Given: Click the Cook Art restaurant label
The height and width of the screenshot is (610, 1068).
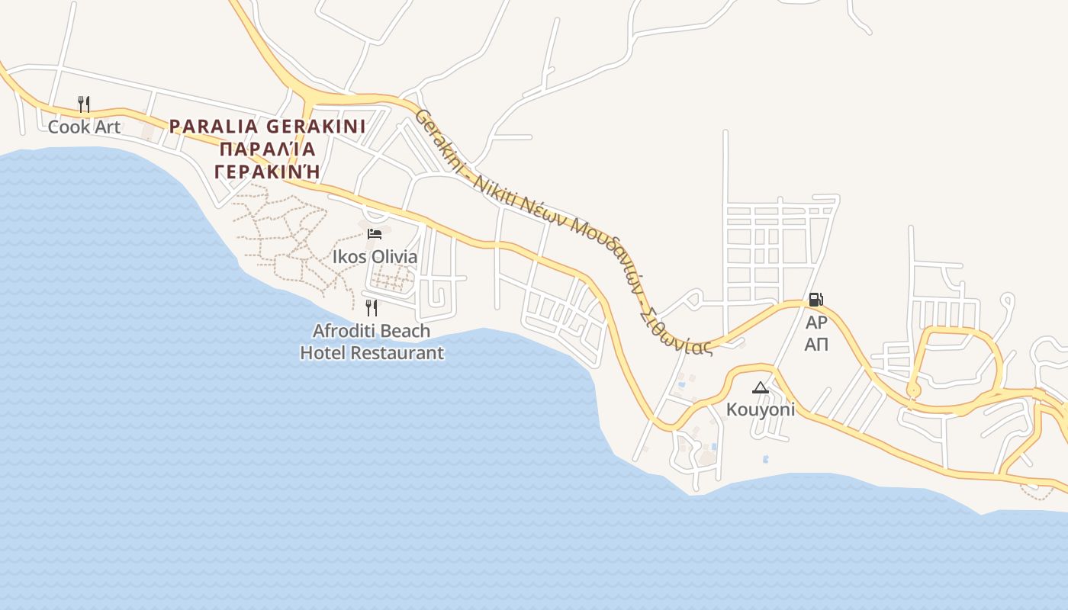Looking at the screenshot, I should pos(84,127).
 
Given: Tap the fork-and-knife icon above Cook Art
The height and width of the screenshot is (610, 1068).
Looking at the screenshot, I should pos(84,104).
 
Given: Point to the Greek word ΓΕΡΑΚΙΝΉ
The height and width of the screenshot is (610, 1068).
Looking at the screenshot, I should pos(266,171).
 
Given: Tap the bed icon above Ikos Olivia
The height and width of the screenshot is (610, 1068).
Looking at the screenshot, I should pos(375,234).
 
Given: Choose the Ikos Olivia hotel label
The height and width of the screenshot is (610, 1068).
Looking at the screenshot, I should pos(375,256).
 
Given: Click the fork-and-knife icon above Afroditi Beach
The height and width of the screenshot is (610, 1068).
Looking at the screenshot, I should pos(372,308).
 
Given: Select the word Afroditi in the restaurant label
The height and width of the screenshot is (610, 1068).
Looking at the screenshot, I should pos(343,331).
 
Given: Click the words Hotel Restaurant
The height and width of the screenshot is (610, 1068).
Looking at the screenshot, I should pos(372,352).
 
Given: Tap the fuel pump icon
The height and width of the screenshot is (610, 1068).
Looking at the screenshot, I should pos(815,300).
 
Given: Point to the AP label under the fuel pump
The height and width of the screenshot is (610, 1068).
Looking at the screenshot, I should pos(816,322).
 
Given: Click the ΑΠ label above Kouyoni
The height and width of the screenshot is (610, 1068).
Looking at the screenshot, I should pos(816,344).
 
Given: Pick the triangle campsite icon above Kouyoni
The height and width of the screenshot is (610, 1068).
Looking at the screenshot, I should pos(760,388).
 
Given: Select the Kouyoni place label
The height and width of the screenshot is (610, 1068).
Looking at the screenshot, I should pos(760,409).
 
